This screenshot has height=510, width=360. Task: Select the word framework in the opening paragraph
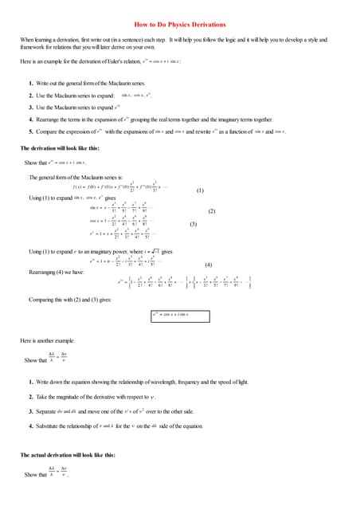[34, 45]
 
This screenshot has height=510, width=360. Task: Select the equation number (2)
[212, 211]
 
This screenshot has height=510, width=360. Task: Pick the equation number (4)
[209, 264]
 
